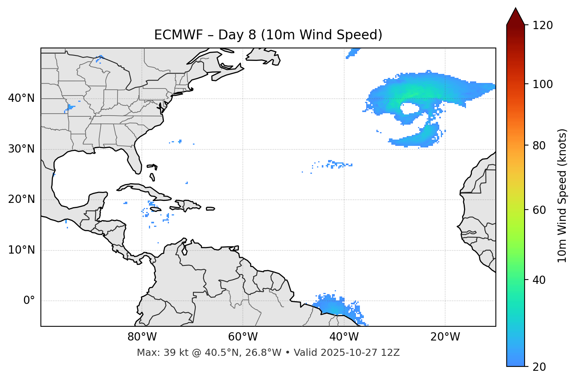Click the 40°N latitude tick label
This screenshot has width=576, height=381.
click(21, 98)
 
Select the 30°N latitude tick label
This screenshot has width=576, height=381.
click(21, 149)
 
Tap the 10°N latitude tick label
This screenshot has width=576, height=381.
click(21, 250)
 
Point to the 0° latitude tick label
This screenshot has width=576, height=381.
click(29, 301)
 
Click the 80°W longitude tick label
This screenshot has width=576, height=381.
click(142, 337)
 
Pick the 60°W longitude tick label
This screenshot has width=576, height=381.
click(243, 337)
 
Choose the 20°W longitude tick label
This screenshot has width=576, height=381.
click(445, 337)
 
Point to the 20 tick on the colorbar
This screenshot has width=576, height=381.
click(539, 367)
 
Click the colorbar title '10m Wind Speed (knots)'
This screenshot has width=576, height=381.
click(562, 196)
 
